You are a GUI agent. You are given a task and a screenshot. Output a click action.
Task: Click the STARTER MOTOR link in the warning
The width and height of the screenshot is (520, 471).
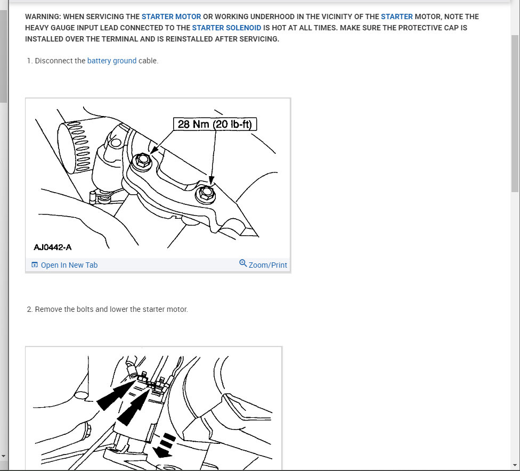[x=171, y=16]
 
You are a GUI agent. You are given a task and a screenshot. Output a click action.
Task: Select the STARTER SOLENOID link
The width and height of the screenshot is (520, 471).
[x=226, y=28]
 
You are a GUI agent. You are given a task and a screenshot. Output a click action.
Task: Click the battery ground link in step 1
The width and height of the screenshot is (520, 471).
[x=112, y=61]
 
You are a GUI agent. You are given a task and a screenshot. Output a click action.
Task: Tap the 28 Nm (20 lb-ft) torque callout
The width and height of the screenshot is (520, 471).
[x=215, y=124]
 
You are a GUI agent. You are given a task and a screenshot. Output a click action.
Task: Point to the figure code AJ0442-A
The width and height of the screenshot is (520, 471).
[x=53, y=247]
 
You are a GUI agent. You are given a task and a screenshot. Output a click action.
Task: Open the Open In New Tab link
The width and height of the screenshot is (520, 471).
[x=69, y=266]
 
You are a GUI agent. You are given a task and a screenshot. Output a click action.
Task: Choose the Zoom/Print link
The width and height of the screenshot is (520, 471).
[x=268, y=266]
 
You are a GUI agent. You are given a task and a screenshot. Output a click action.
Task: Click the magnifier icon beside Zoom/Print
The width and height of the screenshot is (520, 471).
[x=243, y=263]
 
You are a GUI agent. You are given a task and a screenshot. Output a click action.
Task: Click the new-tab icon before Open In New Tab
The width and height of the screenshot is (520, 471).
[x=35, y=265]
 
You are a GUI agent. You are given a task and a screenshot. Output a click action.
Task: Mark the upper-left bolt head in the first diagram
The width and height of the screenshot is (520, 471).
[x=143, y=161]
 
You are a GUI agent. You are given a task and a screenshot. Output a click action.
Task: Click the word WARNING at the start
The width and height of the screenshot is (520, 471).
[x=43, y=16]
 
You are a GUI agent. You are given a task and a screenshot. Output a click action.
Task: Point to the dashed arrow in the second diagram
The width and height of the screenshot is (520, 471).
[x=165, y=445]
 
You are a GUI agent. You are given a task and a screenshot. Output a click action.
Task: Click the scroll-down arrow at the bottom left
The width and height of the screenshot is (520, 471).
[x=3, y=456]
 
